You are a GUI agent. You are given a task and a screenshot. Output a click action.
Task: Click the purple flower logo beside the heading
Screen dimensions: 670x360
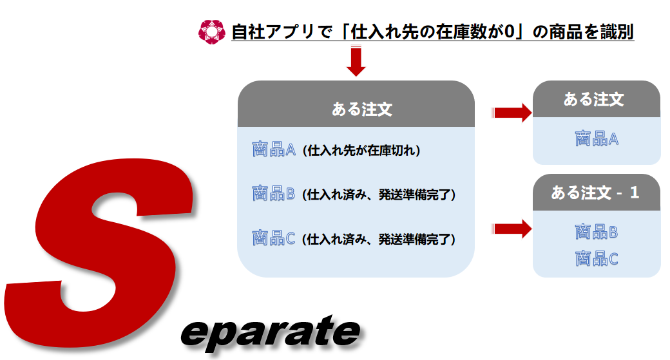click(x=211, y=32)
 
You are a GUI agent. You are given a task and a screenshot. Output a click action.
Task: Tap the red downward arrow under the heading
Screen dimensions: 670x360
click(x=356, y=61)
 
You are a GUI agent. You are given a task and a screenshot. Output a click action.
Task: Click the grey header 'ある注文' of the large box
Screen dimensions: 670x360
click(x=362, y=109)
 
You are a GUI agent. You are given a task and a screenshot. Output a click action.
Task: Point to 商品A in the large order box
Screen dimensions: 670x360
click(x=273, y=149)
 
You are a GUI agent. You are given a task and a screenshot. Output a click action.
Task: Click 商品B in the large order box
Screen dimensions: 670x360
click(x=273, y=193)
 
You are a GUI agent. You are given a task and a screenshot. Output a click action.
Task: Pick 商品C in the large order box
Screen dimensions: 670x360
click(x=273, y=238)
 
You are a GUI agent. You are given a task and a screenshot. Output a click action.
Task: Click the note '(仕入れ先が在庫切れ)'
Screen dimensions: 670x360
click(x=361, y=150)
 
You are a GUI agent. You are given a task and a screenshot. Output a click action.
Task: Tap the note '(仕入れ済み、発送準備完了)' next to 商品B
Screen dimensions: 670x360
click(x=379, y=194)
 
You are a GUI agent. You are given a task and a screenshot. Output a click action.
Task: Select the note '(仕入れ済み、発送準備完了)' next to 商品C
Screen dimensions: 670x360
click(x=379, y=239)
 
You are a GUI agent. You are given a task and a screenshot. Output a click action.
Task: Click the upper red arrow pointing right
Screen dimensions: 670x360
click(x=512, y=113)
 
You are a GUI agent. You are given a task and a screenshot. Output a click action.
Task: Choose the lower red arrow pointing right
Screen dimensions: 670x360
click(x=512, y=229)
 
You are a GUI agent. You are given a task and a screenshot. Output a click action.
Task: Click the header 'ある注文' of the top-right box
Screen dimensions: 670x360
click(x=593, y=100)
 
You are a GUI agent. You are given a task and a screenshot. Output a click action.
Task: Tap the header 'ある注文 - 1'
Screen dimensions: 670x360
click(x=595, y=193)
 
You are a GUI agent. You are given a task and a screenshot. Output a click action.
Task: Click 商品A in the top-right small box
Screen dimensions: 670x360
click(x=597, y=139)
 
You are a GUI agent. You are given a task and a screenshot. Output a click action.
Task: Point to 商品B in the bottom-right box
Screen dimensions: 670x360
click(x=597, y=232)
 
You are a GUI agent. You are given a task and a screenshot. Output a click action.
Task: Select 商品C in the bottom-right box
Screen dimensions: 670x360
click(x=597, y=259)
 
